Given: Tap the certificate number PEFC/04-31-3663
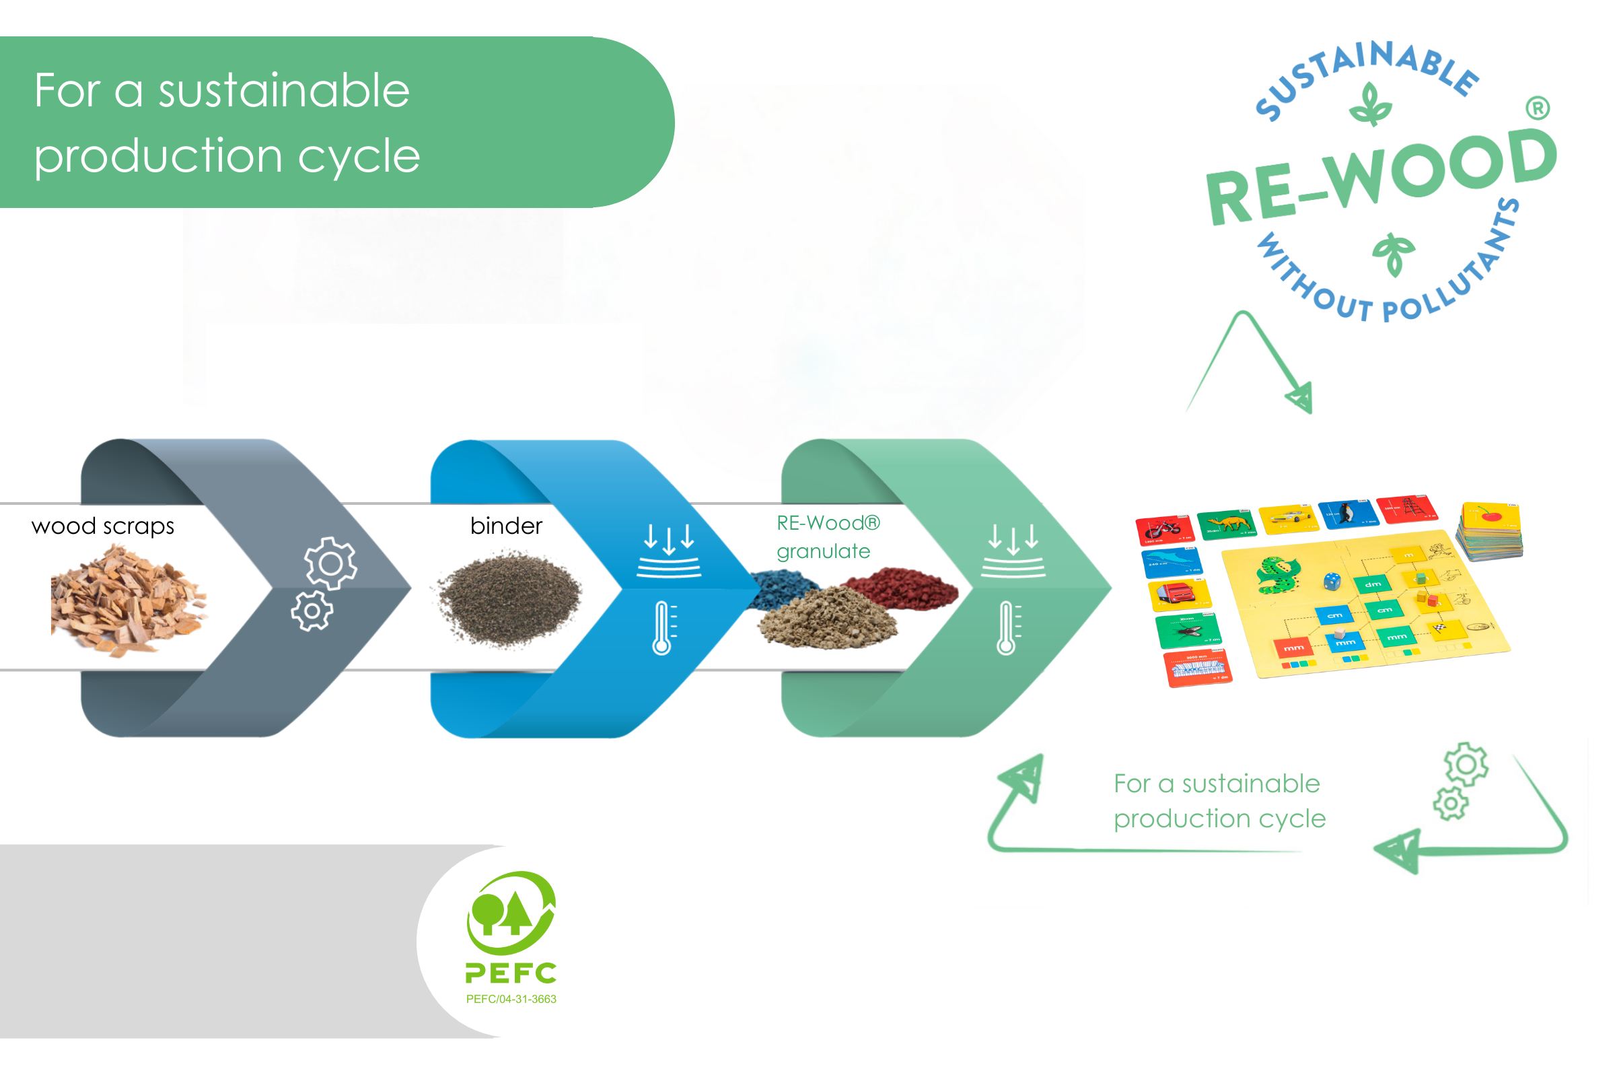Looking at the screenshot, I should click(511, 999).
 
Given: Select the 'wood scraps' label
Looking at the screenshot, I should click(103, 526).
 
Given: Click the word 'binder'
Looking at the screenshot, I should click(506, 526).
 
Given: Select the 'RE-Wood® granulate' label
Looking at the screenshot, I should click(828, 537).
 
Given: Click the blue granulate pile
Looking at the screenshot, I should click(783, 590).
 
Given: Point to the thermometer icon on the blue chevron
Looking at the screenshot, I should click(662, 628).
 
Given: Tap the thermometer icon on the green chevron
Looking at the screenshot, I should click(1006, 628).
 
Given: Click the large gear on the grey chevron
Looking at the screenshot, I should click(331, 563).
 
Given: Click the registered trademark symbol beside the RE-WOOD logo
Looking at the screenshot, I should click(1538, 108).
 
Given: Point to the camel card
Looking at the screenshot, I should click(1227, 524).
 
